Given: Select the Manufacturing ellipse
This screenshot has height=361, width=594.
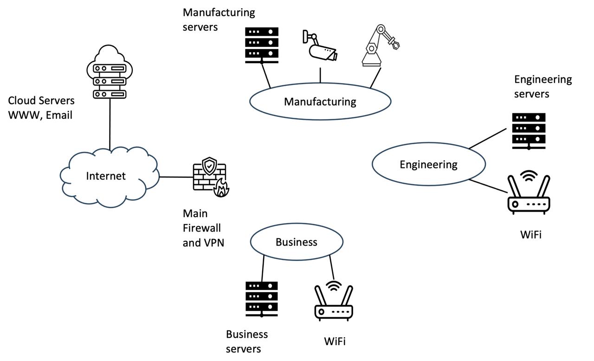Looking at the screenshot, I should tap(320, 102).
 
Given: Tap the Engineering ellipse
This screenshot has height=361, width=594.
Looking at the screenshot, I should tap(428, 164).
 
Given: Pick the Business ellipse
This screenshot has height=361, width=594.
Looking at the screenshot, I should tap(297, 242).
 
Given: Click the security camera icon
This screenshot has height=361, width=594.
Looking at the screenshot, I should tap(320, 47).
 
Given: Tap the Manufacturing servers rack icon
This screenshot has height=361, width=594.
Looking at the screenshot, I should tap(262, 45).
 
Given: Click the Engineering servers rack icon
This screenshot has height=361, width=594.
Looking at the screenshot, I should tap(529, 131).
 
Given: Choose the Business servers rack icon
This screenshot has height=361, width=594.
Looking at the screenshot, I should tap(262, 299).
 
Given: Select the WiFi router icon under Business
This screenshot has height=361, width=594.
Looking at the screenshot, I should tap(334, 302).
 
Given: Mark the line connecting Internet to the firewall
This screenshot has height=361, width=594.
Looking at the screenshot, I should tap(176, 177).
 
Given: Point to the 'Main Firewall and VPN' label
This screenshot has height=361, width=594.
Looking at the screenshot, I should tap(203, 228).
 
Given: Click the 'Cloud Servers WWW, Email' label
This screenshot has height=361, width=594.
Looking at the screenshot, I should tap(41, 108).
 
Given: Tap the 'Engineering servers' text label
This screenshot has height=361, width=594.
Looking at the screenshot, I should tap(542, 86).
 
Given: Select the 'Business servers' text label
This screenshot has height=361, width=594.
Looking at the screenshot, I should tap(246, 341).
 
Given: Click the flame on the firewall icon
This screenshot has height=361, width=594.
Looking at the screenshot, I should tap(221, 189).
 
